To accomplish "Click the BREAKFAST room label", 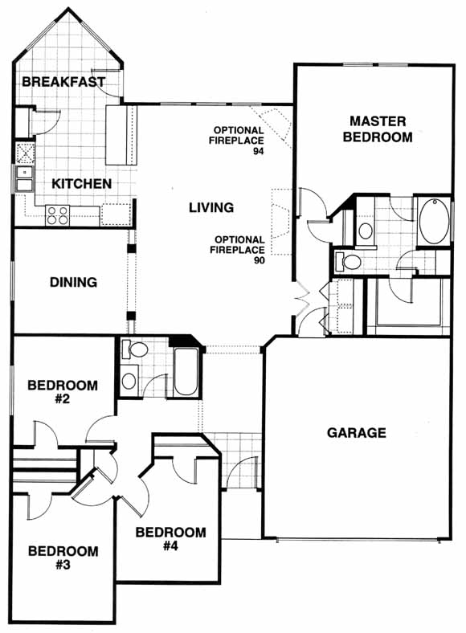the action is click(x=63, y=82).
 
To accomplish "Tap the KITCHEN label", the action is click(x=82, y=184).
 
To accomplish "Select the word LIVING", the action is click(x=211, y=207).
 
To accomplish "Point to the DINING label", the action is click(x=73, y=282).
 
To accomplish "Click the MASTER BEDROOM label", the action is click(x=378, y=129).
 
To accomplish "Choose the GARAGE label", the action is click(x=356, y=433).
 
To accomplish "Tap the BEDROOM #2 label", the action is click(x=63, y=392).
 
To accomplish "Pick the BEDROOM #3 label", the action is click(x=63, y=557).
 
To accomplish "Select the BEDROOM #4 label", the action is click(x=170, y=539).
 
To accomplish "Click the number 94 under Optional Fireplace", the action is click(x=259, y=151).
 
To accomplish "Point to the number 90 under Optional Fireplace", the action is click(x=260, y=260).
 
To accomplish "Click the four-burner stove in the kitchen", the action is click(x=57, y=215).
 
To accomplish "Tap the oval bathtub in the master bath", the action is click(x=434, y=221).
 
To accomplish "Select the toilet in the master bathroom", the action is click(x=348, y=262).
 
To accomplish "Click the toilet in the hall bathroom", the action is click(x=135, y=349).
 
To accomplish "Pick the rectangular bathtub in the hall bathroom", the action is click(x=186, y=372).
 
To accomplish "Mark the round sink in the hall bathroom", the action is click(x=129, y=381).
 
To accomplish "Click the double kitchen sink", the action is click(x=24, y=179).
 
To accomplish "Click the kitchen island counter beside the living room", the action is click(x=121, y=135).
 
